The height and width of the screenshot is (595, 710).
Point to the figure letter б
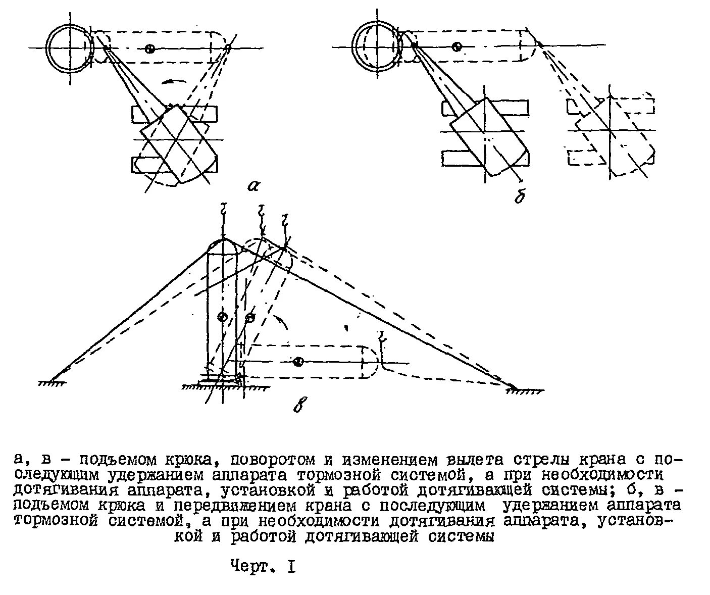click(519, 196)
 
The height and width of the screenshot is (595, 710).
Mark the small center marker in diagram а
click(149, 48)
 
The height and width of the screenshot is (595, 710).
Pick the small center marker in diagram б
click(457, 47)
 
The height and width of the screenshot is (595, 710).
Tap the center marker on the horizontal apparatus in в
click(298, 362)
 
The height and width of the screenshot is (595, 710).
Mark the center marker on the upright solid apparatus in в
click(222, 317)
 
